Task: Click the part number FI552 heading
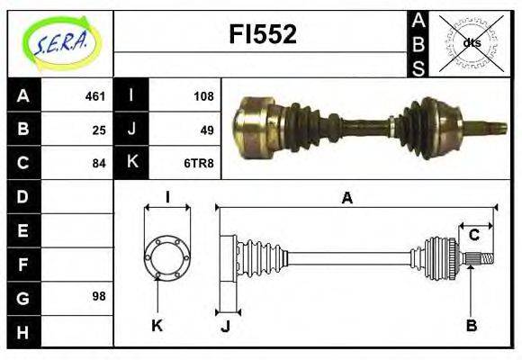click(263, 35)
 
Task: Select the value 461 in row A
click(94, 95)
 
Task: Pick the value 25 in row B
click(98, 130)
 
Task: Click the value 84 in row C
click(98, 163)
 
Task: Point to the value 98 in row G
click(98, 296)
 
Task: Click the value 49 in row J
click(206, 130)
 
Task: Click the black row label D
click(23, 196)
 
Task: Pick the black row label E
click(23, 229)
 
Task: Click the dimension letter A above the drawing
click(346, 198)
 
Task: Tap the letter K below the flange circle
click(157, 325)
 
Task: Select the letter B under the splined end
click(471, 325)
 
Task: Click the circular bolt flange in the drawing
click(167, 257)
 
